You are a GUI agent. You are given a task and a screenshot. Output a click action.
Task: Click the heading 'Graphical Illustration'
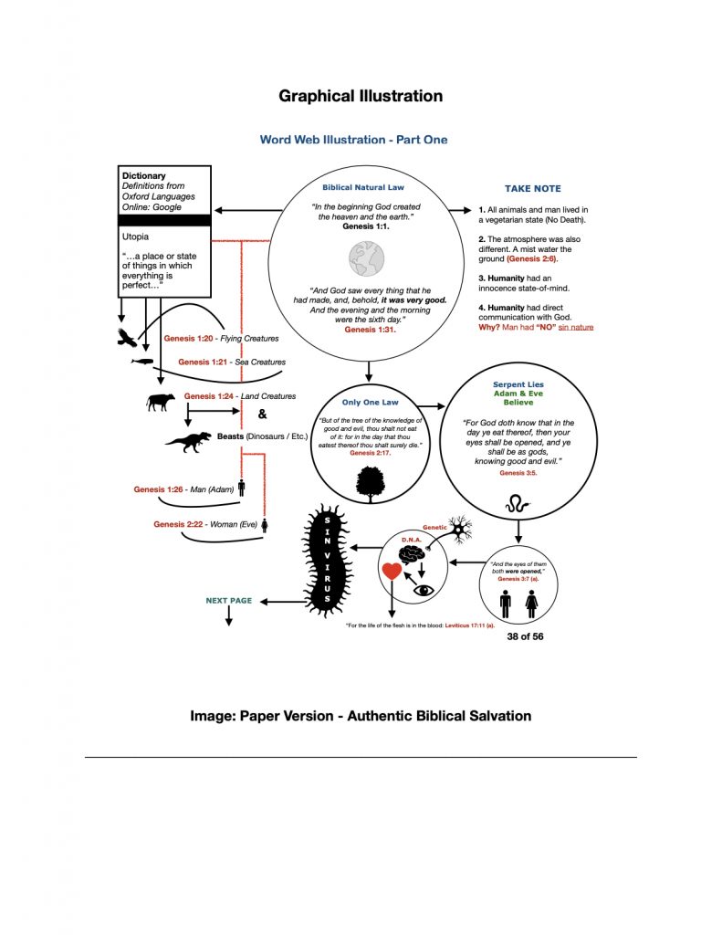pyautogui.click(x=361, y=96)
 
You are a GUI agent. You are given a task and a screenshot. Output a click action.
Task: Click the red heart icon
pyautogui.click(x=392, y=573)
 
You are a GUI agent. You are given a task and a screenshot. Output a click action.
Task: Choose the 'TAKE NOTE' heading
pyautogui.click(x=533, y=189)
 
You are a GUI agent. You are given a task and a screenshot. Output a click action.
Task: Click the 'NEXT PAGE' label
pyautogui.click(x=228, y=601)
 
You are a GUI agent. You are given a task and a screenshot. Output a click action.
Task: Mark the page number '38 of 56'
pyautogui.click(x=525, y=636)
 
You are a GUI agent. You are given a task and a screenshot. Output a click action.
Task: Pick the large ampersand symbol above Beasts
pyautogui.click(x=263, y=414)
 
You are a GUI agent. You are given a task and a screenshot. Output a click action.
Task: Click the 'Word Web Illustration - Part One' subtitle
pyautogui.click(x=353, y=140)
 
